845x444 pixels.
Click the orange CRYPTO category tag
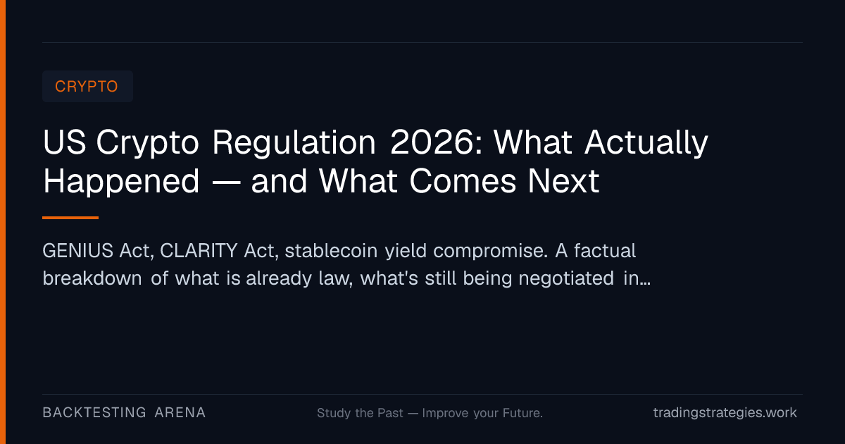click(87, 87)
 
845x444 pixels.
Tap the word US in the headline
click(65, 142)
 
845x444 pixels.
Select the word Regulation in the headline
click(294, 143)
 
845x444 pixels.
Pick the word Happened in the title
click(121, 182)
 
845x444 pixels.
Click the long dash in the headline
click(226, 183)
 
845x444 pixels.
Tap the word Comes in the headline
click(463, 181)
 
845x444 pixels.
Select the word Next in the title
click(563, 181)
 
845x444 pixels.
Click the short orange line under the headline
click(70, 218)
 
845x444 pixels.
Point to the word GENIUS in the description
click(77, 251)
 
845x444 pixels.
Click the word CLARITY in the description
click(199, 251)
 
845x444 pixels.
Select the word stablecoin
click(331, 251)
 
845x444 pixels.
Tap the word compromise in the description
click(490, 252)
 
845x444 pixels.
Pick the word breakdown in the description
click(92, 278)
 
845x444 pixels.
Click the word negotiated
click(566, 279)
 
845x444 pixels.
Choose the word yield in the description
click(406, 252)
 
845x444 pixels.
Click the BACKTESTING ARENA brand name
click(124, 413)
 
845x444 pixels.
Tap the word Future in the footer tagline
click(522, 413)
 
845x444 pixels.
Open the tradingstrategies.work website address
click(725, 413)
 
